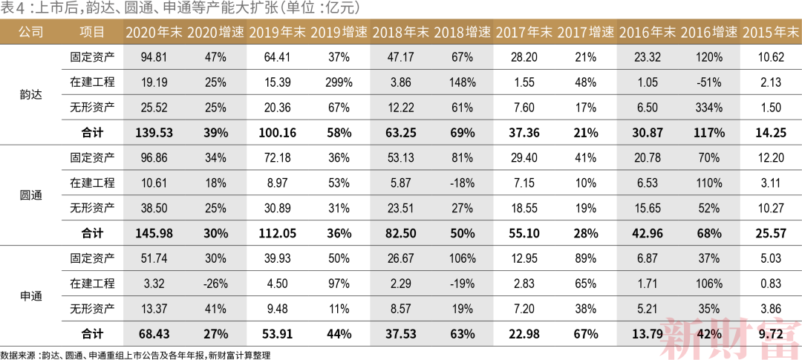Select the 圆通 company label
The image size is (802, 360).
point(30,195)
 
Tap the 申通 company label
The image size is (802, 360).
point(30,296)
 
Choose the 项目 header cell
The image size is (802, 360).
point(92,32)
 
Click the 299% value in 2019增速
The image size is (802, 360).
point(339,82)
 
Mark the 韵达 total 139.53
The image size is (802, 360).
point(154,133)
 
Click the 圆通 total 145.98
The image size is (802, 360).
point(154,233)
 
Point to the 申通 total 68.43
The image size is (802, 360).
point(154,333)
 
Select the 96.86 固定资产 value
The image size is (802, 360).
point(154,158)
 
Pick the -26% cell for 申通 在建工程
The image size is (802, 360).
point(215,283)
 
